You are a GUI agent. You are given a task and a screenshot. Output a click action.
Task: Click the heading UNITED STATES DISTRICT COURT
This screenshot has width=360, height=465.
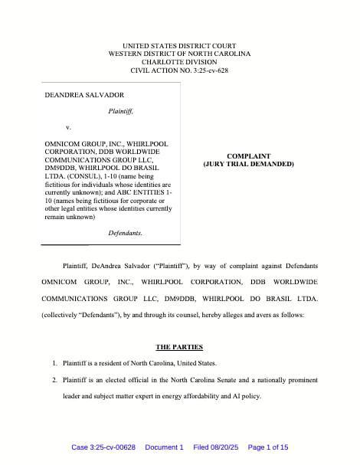pyautogui.click(x=179, y=46)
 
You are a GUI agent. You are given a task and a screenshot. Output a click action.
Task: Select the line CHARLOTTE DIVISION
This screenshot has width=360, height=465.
pyautogui.click(x=179, y=62)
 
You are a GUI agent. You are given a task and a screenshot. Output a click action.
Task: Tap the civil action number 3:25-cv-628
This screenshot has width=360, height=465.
pyautogui.click(x=202, y=70)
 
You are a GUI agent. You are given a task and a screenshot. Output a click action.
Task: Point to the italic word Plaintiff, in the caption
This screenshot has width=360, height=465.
pyautogui.click(x=121, y=111)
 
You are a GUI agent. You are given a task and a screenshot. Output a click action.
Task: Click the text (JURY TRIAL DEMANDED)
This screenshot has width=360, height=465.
pyautogui.click(x=248, y=164)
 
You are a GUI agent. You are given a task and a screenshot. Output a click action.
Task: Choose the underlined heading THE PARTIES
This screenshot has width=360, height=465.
pyautogui.click(x=179, y=347)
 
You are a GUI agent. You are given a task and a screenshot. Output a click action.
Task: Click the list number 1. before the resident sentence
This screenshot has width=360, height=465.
pyautogui.click(x=54, y=363)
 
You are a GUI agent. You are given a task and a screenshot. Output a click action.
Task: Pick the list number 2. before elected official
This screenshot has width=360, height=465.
pyautogui.click(x=54, y=379)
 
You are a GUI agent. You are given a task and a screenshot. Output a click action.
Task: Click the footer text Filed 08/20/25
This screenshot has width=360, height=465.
pyautogui.click(x=217, y=447)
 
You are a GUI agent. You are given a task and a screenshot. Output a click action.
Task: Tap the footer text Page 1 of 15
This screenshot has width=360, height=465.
pyautogui.click(x=268, y=447)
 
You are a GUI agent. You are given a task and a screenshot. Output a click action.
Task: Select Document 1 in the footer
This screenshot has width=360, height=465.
pyautogui.click(x=164, y=447)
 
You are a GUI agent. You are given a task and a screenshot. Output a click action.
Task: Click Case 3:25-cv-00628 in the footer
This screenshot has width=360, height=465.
pyautogui.click(x=103, y=447)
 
